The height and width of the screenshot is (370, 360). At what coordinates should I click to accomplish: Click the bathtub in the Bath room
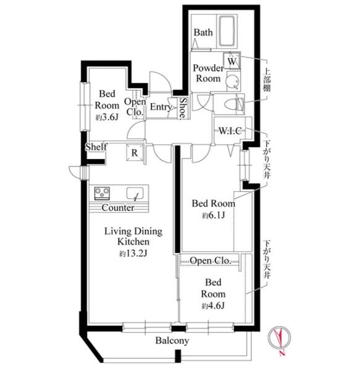tap(227, 31)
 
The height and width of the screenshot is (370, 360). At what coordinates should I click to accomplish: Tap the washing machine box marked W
tap(232, 60)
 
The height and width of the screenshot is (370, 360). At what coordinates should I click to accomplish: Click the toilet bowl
tap(232, 104)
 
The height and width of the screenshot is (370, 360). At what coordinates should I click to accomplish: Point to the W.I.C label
tap(230, 131)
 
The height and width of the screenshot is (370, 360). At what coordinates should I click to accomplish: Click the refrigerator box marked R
tap(135, 152)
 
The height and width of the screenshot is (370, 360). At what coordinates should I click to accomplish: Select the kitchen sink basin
tap(135, 193)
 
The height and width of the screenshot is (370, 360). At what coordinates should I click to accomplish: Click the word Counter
tap(118, 208)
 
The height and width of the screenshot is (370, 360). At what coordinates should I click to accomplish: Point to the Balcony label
tap(172, 340)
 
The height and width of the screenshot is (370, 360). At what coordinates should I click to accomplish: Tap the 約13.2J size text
tap(133, 253)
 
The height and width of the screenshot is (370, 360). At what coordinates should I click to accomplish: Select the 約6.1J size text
tap(213, 215)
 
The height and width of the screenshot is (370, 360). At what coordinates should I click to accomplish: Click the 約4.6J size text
tap(213, 306)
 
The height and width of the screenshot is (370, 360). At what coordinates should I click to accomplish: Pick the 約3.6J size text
tap(107, 117)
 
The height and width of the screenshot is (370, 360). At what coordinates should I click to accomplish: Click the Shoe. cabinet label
tap(183, 108)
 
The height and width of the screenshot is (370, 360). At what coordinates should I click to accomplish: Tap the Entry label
tap(161, 107)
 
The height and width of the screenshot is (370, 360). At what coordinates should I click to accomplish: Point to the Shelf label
tap(96, 147)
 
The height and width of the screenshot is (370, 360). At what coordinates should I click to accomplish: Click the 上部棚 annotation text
tap(267, 80)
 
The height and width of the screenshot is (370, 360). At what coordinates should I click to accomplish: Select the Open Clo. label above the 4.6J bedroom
tap(210, 260)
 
